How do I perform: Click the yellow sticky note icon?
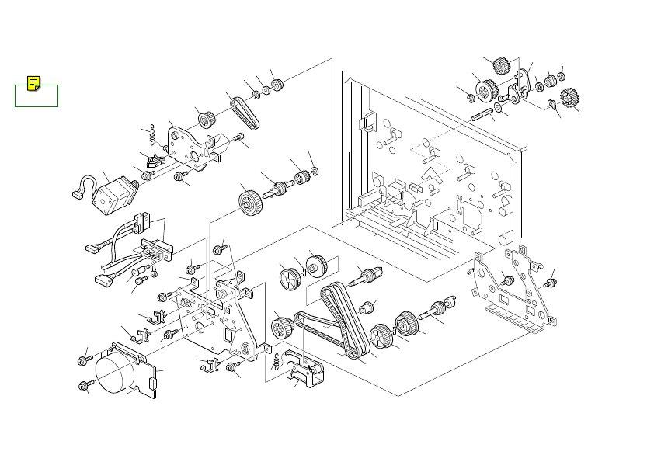pyautogui.click(x=33, y=84)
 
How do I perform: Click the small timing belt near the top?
pyautogui.click(x=247, y=113)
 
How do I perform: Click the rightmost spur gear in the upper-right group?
pyautogui.click(x=569, y=98)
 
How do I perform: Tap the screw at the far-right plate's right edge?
pyautogui.click(x=552, y=282)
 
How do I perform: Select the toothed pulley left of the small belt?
pyautogui.click(x=207, y=119)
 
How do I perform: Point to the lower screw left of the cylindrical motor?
pyautogui.click(x=83, y=386)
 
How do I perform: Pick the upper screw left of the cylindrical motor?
pyautogui.click(x=82, y=360)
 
